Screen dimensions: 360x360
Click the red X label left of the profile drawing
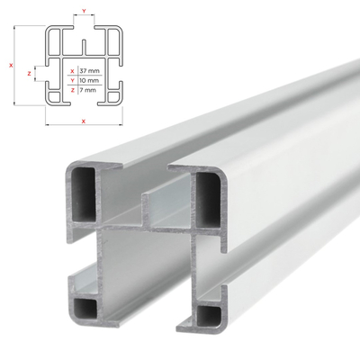pos(8,65)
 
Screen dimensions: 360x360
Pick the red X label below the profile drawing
pos(83,120)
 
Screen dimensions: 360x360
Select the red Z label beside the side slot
pos(31,72)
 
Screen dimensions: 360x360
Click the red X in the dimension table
pos(73,69)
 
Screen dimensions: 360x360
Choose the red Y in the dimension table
pos(73,79)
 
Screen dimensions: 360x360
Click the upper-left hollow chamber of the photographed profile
pos(83,191)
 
